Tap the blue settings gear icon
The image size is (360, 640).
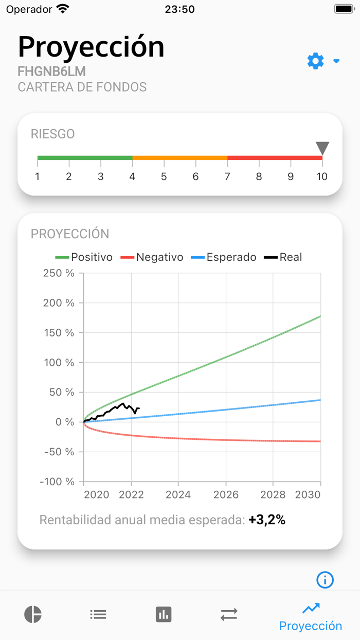pos(316,61)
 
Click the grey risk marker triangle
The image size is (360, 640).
pos(322,148)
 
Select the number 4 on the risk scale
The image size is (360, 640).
pos(132,176)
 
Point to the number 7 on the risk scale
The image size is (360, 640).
pos(227,176)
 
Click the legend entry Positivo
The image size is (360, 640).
pos(84,257)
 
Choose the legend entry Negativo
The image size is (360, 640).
pos(152,257)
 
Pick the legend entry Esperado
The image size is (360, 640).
pos(224,257)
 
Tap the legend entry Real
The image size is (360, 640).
pos(283,257)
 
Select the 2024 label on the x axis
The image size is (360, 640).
pos(178,495)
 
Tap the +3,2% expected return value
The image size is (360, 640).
pos(266,520)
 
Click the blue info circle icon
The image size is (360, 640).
pos(325,580)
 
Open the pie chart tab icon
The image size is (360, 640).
pos(33,614)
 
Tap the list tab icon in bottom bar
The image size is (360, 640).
pos(98,614)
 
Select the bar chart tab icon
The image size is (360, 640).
pos(164,614)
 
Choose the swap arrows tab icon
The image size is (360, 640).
pos(229,614)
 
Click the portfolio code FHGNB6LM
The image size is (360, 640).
pos(51,72)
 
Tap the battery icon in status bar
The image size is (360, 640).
pos(343,9)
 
